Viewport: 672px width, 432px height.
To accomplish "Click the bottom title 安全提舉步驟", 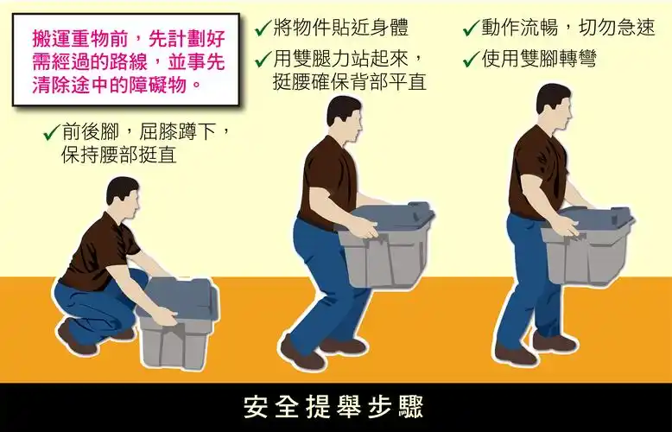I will (x=335, y=406).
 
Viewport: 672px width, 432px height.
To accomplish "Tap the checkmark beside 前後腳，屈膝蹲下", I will (x=50, y=133).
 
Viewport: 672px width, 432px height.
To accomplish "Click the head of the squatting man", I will (x=122, y=197).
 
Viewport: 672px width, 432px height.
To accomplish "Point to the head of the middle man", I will (x=343, y=118).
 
